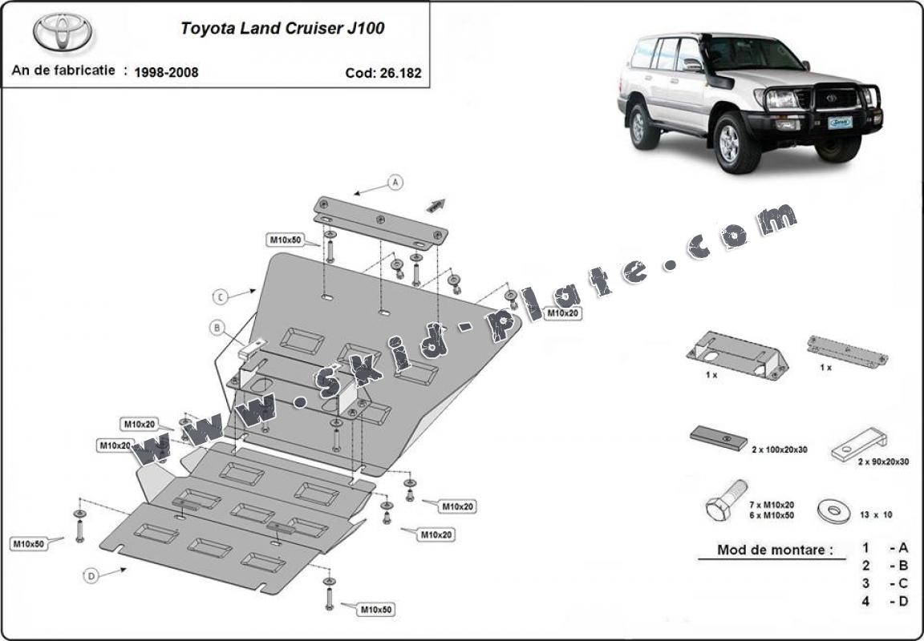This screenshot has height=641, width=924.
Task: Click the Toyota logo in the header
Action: coord(63,32)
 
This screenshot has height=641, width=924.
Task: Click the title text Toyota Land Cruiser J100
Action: coord(282,29)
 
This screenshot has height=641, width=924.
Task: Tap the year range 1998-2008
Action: coord(166,72)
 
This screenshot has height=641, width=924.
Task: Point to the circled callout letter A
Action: coord(395,183)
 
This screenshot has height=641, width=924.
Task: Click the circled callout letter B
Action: coord(217,327)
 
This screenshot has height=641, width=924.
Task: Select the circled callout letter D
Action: coord(91,575)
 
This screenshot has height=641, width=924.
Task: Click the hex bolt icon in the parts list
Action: coord(725,500)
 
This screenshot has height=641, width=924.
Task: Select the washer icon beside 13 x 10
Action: coord(833,509)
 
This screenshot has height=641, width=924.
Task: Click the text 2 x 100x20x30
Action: coord(779,450)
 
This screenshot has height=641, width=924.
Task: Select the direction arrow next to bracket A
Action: coord(436,205)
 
